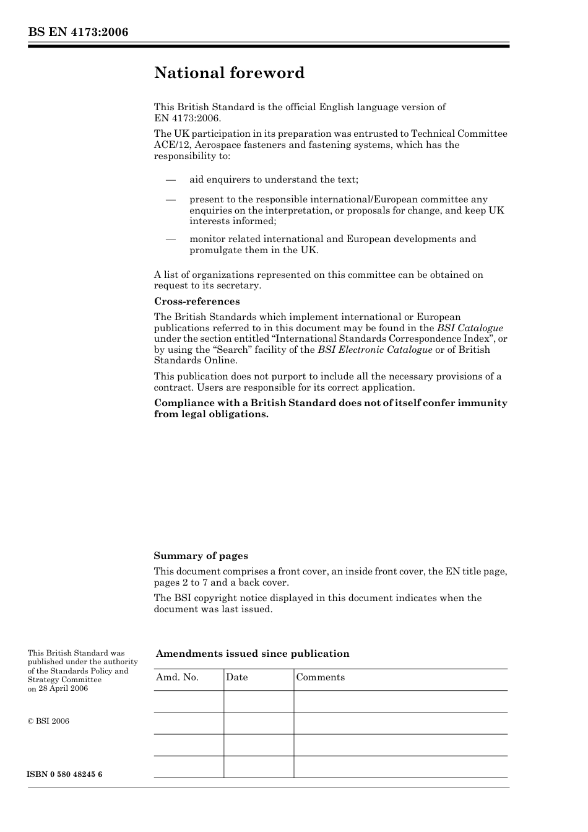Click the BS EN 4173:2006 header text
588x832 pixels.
[78, 32]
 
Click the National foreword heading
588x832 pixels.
[229, 73]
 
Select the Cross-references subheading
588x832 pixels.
[197, 301]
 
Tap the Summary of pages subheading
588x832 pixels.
[201, 556]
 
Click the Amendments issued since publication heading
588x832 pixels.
[253, 654]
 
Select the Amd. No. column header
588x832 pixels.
[177, 677]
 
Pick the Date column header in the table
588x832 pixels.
[236, 677]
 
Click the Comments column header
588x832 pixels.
[320, 677]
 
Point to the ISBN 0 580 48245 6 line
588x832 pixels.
[65, 774]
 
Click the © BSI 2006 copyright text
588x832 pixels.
[48, 721]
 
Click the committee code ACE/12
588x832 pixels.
[170, 145]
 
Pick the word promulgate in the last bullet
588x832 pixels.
[215, 250]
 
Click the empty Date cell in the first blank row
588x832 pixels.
[258, 701]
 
